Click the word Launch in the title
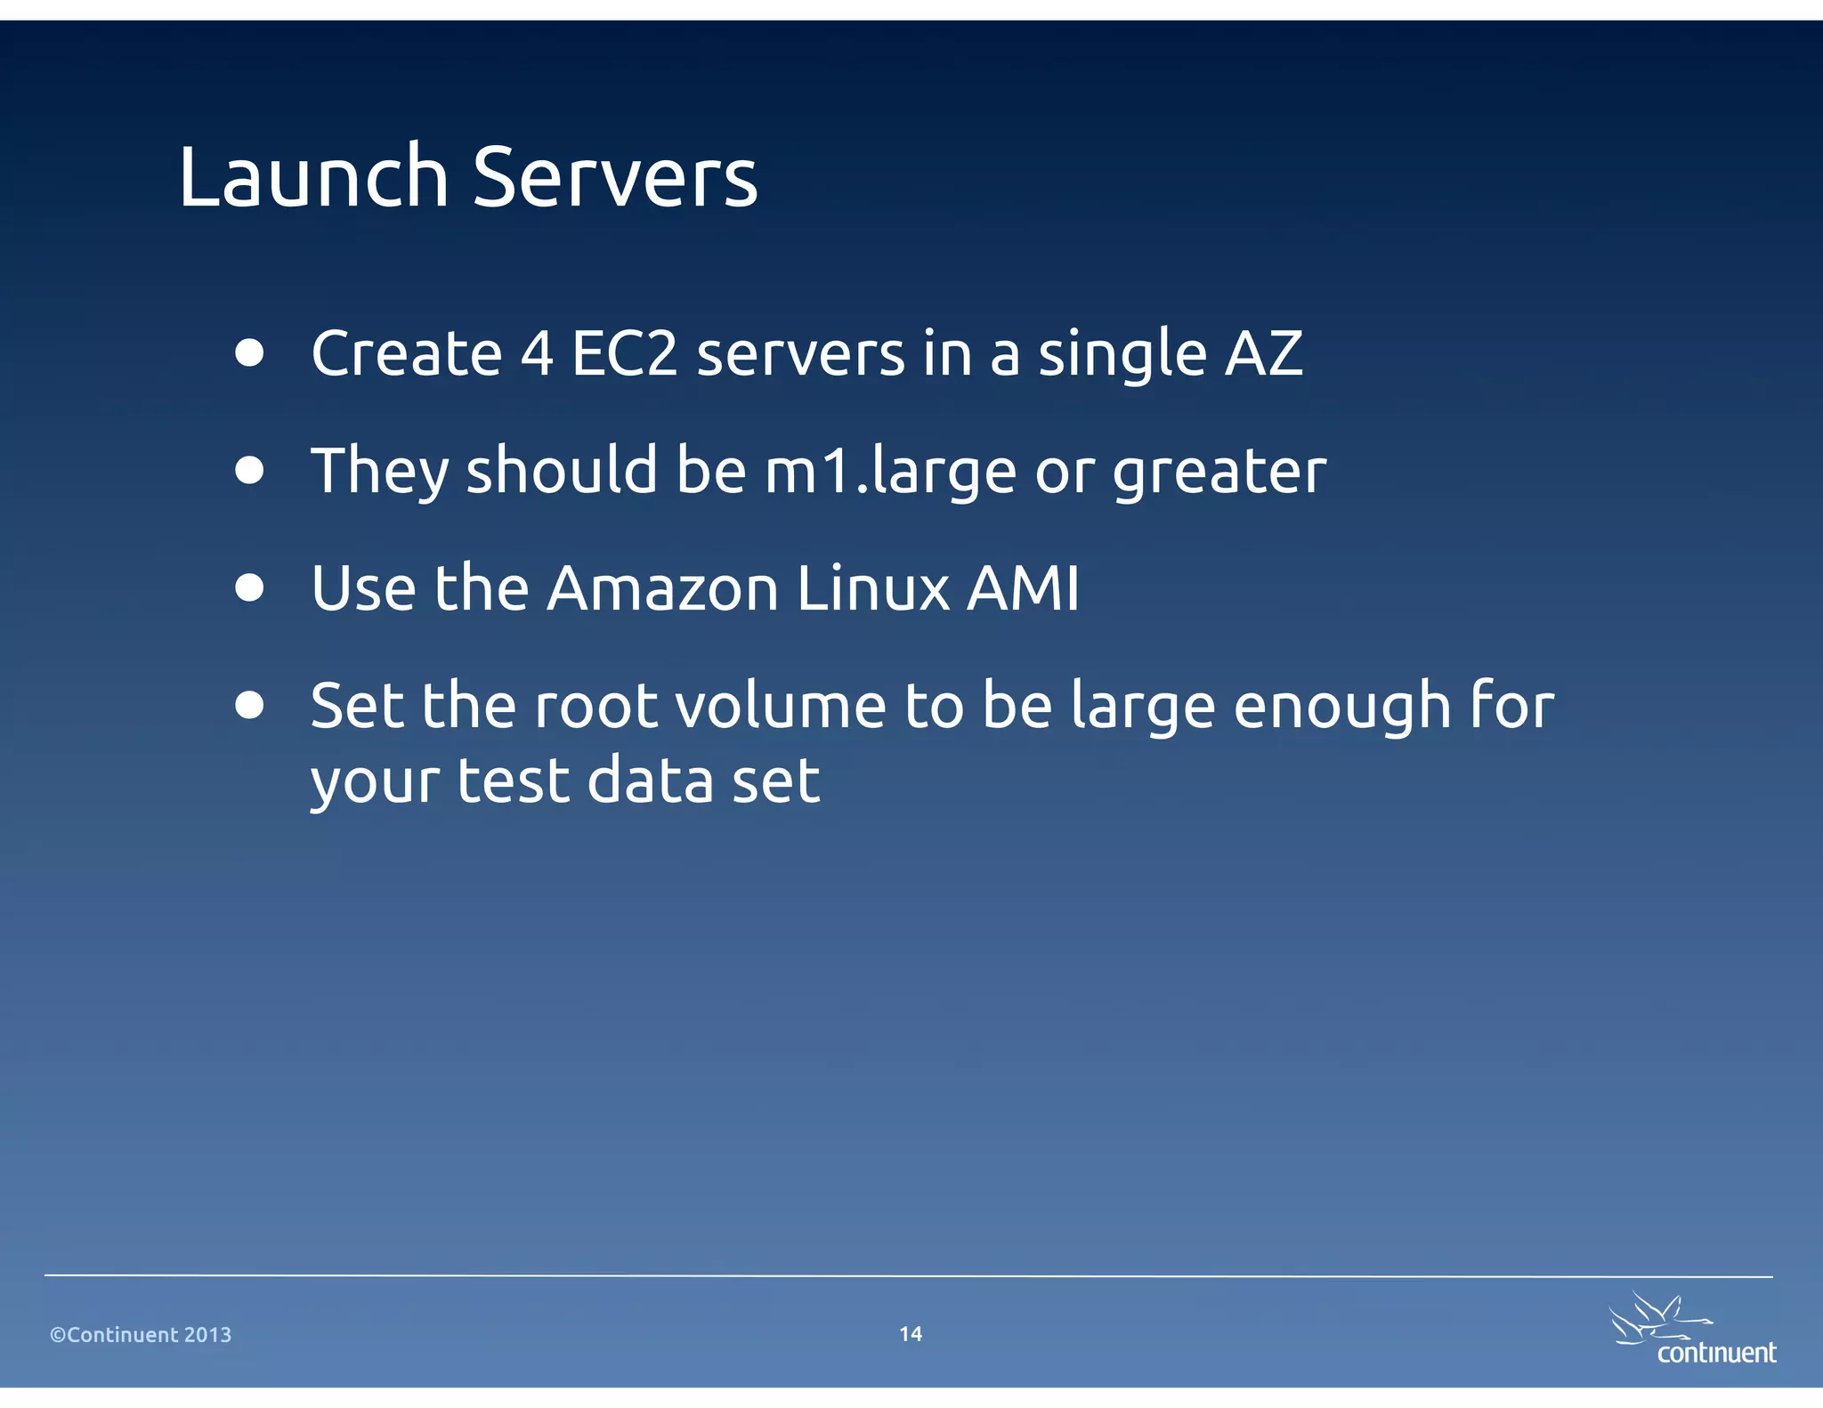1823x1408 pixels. point(313,178)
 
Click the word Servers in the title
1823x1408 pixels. point(614,178)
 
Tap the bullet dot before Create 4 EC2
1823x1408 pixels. point(250,352)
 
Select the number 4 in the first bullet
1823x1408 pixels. point(537,354)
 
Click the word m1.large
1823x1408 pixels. point(891,472)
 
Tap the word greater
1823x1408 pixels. point(1219,472)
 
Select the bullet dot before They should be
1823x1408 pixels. point(250,470)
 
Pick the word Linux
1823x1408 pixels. point(873,589)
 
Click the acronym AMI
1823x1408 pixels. point(1024,589)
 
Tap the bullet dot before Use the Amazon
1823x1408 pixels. point(250,587)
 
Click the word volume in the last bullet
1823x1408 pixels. point(781,707)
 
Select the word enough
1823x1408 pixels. point(1343,707)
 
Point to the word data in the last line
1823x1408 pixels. point(651,781)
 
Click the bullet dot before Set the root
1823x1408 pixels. point(250,705)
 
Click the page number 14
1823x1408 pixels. point(911,1334)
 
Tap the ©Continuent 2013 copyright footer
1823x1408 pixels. point(141,1335)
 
